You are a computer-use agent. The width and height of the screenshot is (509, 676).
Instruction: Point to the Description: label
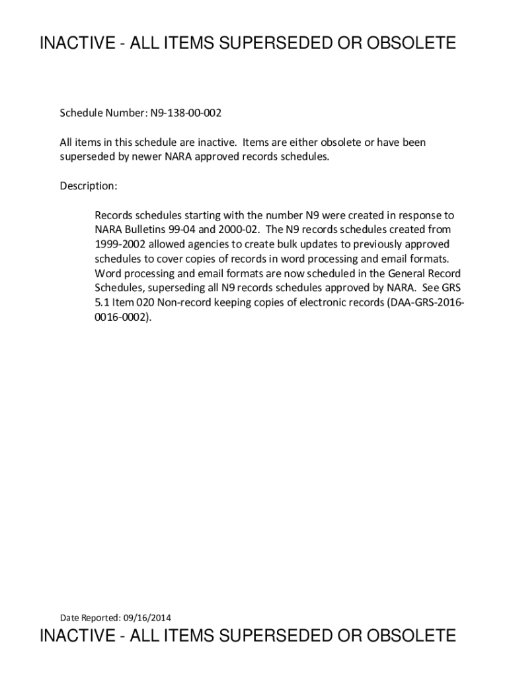pos(89,186)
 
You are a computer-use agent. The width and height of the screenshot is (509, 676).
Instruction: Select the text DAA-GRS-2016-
pos(432,302)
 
